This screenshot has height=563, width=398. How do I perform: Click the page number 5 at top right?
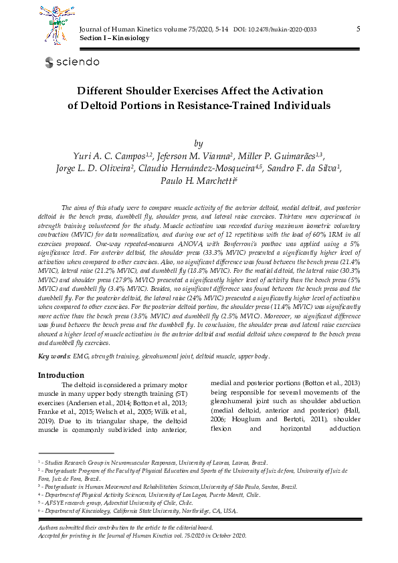(x=359, y=29)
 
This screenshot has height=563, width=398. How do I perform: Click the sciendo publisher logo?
(x=72, y=62)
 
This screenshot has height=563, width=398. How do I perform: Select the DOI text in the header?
(x=275, y=30)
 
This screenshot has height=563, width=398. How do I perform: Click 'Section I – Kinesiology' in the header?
(x=114, y=38)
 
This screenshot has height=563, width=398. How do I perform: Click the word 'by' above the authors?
(x=198, y=143)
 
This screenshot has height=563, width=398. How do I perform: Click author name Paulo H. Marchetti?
(x=199, y=181)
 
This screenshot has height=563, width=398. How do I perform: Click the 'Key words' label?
(x=53, y=357)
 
